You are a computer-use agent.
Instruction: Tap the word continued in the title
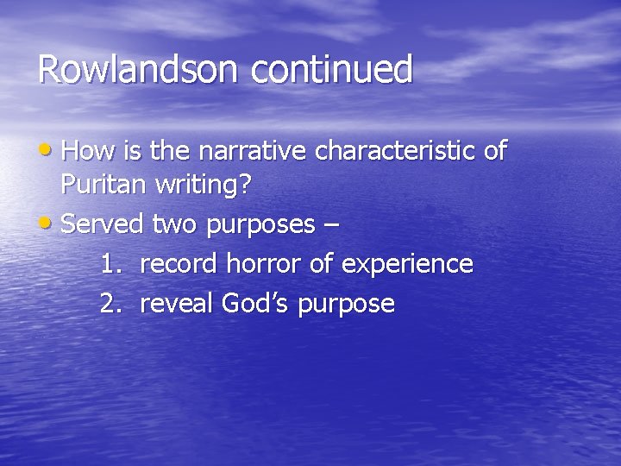tap(332, 70)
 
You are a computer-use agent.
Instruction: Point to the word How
tap(83, 151)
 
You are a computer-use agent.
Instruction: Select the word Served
tap(103, 224)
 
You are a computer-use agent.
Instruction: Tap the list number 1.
tap(110, 263)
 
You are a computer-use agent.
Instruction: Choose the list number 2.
tap(110, 304)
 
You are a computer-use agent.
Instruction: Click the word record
tap(179, 263)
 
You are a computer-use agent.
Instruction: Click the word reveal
tap(177, 304)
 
